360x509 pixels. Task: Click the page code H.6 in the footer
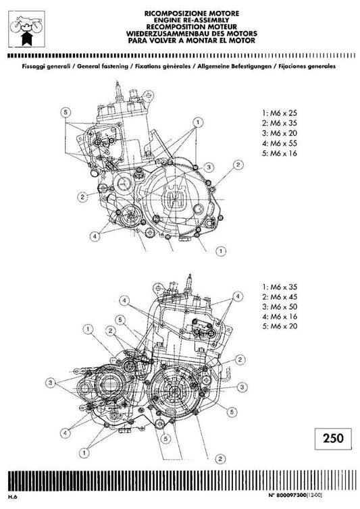coord(12,498)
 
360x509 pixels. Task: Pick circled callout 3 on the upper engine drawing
coord(209,167)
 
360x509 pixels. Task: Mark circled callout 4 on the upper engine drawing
coord(96,237)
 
